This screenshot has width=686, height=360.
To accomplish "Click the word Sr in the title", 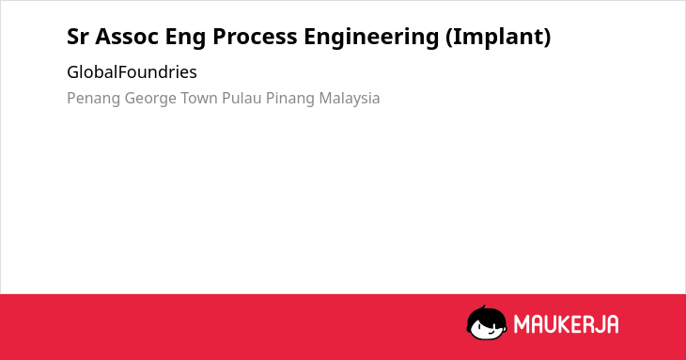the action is [77, 37].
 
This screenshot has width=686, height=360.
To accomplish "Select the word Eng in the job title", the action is [185, 38].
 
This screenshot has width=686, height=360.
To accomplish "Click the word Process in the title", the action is [255, 37].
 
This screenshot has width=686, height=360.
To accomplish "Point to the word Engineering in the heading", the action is [371, 38].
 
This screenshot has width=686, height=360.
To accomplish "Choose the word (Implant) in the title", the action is [498, 38].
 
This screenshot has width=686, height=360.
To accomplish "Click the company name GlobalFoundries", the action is [132, 71].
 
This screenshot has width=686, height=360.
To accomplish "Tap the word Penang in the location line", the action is [93, 99].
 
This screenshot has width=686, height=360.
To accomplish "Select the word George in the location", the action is [150, 99].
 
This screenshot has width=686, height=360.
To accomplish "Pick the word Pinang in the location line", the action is [290, 99].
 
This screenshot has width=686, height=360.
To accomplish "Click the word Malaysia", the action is [350, 99].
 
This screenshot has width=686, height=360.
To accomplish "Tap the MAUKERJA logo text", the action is [566, 324].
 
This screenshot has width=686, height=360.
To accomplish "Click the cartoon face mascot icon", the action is [487, 322].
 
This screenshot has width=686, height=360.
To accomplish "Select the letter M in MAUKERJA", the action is [522, 324].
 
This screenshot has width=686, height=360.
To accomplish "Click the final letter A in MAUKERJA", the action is [612, 324].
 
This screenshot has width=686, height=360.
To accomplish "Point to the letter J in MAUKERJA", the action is [598, 324].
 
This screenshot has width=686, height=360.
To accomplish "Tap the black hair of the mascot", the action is [486, 314].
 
